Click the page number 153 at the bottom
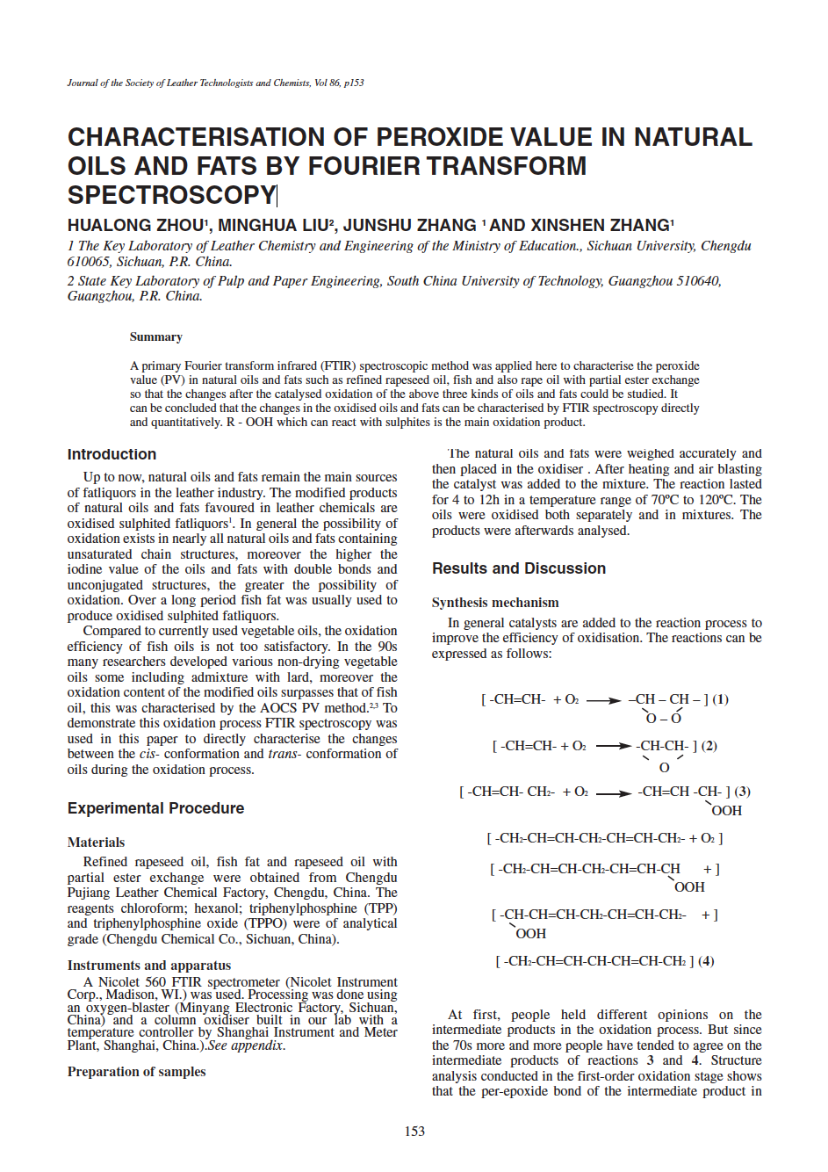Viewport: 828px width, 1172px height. click(414, 1132)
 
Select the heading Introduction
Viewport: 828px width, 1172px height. click(112, 454)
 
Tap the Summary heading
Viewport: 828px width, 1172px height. click(156, 337)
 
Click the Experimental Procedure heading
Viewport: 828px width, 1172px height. click(155, 808)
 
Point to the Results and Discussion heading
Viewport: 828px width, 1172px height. click(518, 568)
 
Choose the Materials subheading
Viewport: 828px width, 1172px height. click(96, 843)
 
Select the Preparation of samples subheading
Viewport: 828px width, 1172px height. click(136, 1072)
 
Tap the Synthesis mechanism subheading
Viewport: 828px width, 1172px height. click(495, 603)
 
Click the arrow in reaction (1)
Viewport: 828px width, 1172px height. click(604, 701)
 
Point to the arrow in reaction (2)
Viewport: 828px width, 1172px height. click(614, 747)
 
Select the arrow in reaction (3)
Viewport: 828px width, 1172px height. click(614, 793)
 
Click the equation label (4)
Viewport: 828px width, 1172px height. click(706, 961)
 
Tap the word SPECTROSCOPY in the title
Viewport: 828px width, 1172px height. click(171, 195)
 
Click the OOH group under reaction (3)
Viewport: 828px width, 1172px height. click(726, 811)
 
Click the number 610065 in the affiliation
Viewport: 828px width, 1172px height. click(89, 262)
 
